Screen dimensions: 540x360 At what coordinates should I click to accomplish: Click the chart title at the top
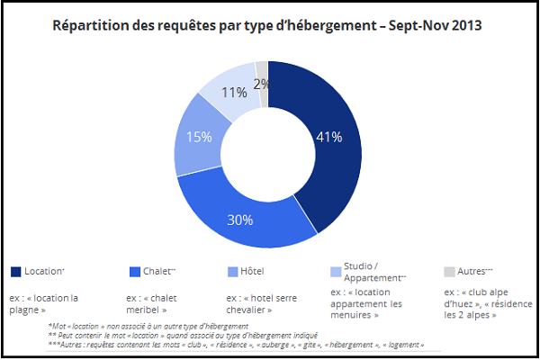(x=267, y=26)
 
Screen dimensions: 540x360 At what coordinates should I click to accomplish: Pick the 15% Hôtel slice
(x=198, y=138)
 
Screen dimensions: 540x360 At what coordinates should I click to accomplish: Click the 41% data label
(x=329, y=137)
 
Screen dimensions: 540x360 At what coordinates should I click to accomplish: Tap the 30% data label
(x=240, y=220)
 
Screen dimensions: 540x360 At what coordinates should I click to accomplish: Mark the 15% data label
(x=199, y=137)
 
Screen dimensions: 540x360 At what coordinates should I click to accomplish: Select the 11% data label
(x=234, y=93)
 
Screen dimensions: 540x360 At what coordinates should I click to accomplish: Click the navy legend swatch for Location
(x=16, y=272)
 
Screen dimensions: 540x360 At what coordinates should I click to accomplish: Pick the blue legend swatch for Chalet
(x=135, y=272)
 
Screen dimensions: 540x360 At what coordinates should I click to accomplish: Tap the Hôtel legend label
(x=252, y=272)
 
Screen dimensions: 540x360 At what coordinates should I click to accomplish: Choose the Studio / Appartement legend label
(x=374, y=272)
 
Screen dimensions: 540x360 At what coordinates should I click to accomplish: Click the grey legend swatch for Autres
(x=449, y=272)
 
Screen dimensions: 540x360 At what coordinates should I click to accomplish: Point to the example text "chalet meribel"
(x=151, y=304)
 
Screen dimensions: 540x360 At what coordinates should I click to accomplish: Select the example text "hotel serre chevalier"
(x=261, y=304)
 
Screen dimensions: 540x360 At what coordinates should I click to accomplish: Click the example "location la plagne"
(x=44, y=304)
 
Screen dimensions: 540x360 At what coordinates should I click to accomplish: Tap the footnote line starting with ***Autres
(x=236, y=345)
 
